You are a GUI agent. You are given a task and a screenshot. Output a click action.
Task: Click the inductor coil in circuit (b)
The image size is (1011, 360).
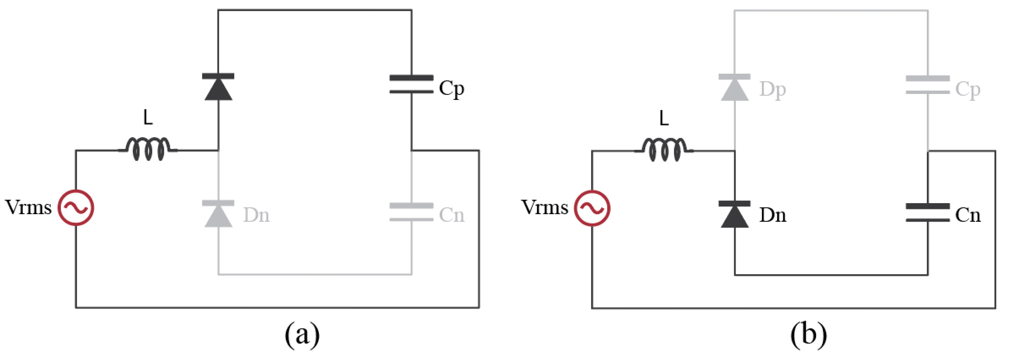pyautogui.click(x=664, y=150)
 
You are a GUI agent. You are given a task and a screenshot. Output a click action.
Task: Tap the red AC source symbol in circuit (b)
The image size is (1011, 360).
pyautogui.click(x=592, y=208)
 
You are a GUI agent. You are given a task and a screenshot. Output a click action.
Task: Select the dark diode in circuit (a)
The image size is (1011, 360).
pyautogui.click(x=218, y=87)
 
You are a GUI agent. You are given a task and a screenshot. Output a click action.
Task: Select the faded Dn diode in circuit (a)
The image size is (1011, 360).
pyautogui.click(x=218, y=214)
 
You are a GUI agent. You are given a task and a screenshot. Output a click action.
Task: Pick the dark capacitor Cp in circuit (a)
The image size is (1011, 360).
pyautogui.click(x=411, y=84)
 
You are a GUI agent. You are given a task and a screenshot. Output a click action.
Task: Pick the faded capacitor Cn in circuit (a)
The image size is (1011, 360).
pyautogui.click(x=411, y=212)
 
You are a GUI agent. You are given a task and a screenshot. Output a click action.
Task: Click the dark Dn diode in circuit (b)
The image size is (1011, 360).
pyautogui.click(x=734, y=214)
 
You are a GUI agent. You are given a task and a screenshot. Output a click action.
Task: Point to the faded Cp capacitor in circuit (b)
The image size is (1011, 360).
pyautogui.click(x=927, y=85)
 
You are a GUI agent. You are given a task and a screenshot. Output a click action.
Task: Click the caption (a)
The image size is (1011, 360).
pyautogui.click(x=302, y=335)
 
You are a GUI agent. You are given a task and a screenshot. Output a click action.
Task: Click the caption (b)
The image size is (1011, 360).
pyautogui.click(x=808, y=335)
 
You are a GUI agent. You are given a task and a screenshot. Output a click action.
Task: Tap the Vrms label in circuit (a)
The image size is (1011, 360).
pyautogui.click(x=28, y=207)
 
